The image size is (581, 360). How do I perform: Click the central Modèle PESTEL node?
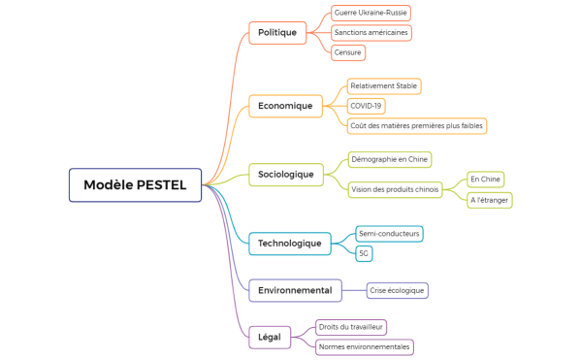[135, 184]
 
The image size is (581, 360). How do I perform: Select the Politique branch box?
[276, 33]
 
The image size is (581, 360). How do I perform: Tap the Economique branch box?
[285, 106]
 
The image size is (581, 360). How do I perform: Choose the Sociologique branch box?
[285, 175]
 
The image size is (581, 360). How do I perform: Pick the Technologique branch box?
[289, 243]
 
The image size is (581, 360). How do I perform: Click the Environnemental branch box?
[296, 290]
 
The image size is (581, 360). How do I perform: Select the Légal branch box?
[270, 338]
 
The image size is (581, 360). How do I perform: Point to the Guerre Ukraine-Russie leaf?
[371, 13]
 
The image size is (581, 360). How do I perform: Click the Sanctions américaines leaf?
[371, 33]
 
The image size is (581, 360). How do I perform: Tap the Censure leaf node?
[348, 53]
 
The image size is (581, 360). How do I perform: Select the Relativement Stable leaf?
[384, 85]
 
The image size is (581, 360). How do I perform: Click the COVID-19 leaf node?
[367, 106]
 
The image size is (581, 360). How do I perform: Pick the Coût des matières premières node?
[416, 126]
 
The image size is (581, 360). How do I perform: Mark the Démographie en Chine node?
[389, 159]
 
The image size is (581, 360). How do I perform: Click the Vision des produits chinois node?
[395, 190]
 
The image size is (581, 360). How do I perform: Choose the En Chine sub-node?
[485, 180]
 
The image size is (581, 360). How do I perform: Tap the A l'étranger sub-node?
[489, 200]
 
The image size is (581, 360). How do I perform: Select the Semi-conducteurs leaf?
[389, 234]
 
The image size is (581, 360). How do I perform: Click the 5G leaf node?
[364, 253]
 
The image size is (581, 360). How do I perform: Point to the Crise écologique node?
[398, 290]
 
